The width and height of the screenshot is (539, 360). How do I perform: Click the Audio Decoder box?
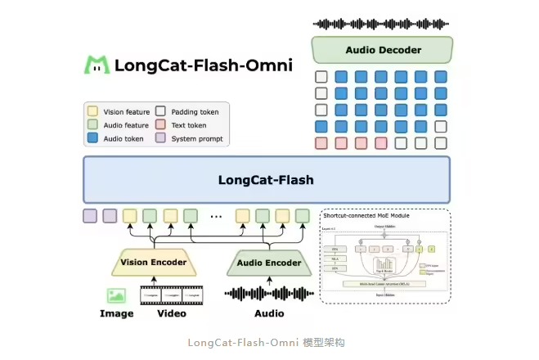point(382,50)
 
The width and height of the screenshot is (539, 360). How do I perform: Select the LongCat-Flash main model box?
point(266,179)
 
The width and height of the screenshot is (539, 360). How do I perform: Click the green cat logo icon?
point(97,64)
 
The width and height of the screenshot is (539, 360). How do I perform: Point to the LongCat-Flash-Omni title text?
point(204,65)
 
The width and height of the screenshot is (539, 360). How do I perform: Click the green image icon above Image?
point(116,295)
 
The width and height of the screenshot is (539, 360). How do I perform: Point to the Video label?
point(172,313)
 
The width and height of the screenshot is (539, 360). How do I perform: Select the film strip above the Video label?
point(172,295)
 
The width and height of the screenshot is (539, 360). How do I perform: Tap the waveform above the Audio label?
point(269,294)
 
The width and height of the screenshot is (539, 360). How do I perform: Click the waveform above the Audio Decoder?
point(382,24)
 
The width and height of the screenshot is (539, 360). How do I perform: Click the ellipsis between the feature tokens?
point(216,217)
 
